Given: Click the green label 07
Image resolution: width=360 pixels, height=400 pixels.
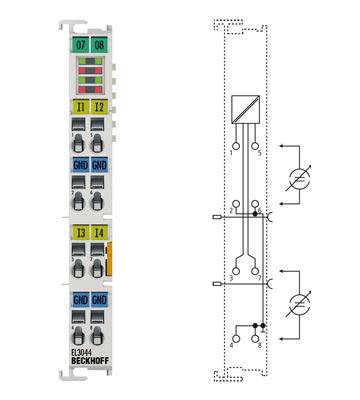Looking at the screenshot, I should (x=80, y=46).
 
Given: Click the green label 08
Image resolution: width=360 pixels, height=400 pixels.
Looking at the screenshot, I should (x=100, y=46).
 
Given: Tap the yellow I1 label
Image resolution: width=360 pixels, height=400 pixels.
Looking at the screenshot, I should (x=80, y=106).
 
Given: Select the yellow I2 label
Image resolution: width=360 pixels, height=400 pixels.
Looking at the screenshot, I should (x=100, y=106).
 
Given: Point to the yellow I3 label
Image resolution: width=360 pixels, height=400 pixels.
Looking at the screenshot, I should (x=80, y=234).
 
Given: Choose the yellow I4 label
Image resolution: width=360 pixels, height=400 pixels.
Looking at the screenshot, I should (x=100, y=234).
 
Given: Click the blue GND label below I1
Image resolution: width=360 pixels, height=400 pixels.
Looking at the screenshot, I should (x=80, y=164).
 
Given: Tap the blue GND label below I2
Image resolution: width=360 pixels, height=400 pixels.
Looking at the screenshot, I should (x=100, y=164).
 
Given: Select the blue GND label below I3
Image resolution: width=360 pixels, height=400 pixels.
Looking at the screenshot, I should (x=80, y=298).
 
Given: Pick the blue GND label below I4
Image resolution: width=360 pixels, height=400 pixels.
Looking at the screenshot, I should (x=100, y=298).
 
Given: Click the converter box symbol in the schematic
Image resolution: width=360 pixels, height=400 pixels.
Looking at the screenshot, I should (x=244, y=109).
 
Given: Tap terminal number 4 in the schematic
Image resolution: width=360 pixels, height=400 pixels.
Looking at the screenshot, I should (x=231, y=344).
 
